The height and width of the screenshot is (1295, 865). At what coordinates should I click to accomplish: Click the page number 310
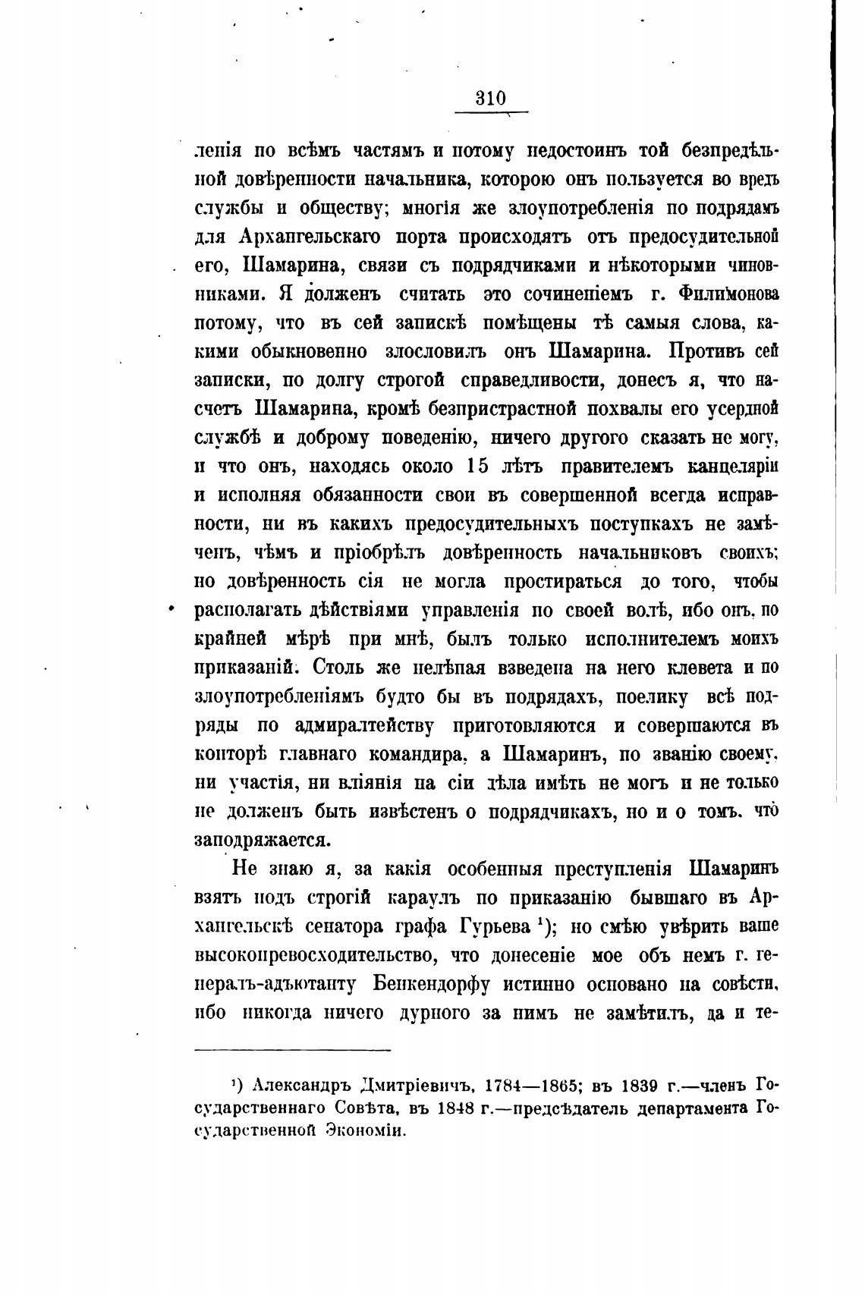click(490, 99)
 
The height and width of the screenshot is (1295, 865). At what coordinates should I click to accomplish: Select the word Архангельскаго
click(305, 236)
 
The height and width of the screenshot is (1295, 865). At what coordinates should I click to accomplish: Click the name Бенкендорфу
click(431, 984)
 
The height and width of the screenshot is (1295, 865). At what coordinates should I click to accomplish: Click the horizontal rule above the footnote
click(293, 1049)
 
